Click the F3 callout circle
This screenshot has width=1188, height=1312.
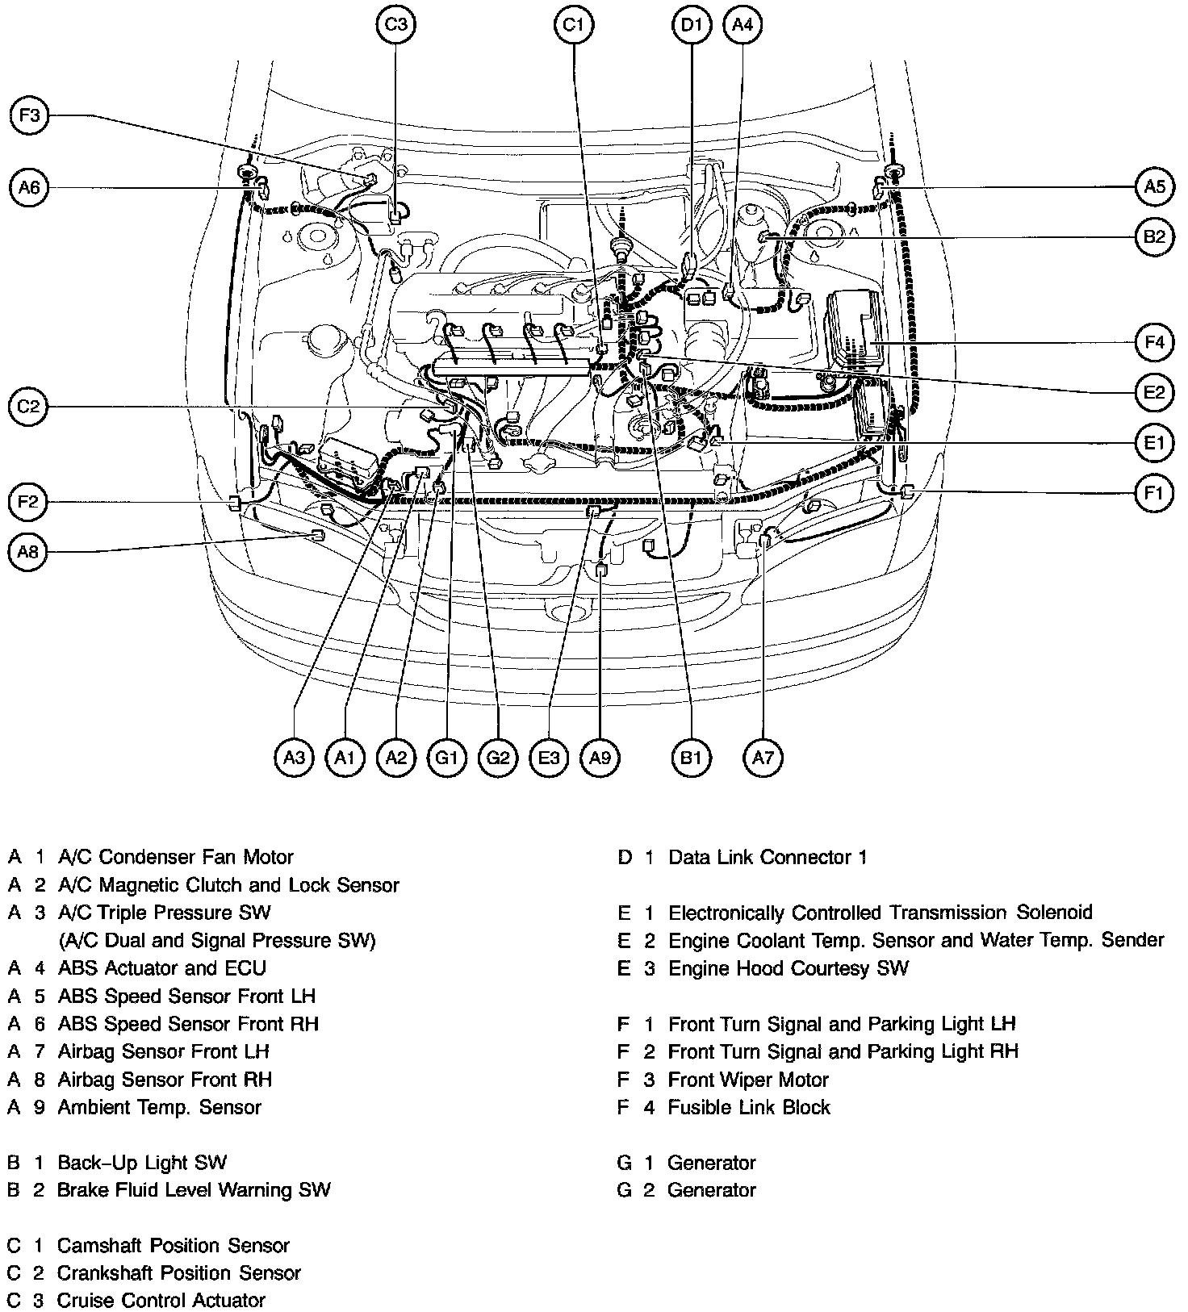click(x=30, y=116)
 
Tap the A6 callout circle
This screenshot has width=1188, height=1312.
click(x=30, y=188)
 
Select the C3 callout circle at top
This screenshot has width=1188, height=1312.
click(x=395, y=25)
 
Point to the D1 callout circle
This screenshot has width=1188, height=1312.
click(x=692, y=25)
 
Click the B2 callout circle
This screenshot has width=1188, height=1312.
click(x=1154, y=237)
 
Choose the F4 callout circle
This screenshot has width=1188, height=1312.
click(x=1154, y=343)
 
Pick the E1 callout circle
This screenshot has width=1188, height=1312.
click(x=1154, y=443)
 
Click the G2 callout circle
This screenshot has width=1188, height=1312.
click(x=498, y=758)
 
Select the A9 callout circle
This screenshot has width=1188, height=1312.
click(x=600, y=758)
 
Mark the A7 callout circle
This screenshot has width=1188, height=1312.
click(x=763, y=758)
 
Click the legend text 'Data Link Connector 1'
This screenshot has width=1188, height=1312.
click(x=768, y=857)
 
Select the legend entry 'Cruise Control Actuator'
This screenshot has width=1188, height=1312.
click(x=161, y=1300)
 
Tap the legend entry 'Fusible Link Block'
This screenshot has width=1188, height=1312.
click(x=749, y=1107)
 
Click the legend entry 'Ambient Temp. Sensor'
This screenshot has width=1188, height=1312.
click(x=160, y=1107)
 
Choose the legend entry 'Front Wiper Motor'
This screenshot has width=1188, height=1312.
click(x=748, y=1080)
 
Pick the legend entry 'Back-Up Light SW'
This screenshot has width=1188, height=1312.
click(x=142, y=1163)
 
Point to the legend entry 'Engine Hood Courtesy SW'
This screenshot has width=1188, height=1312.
click(x=789, y=968)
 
